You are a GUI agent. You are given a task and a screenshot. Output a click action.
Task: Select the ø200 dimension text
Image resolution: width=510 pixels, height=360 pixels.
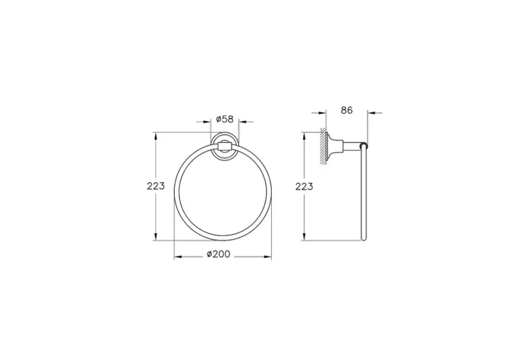[220, 254]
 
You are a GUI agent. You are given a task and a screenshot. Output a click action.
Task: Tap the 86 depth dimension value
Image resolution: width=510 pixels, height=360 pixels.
[346, 110]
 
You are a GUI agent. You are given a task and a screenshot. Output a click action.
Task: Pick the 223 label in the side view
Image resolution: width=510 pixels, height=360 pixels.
[305, 186]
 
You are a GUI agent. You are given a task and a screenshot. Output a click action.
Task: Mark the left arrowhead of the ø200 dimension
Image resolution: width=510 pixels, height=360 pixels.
[177, 257]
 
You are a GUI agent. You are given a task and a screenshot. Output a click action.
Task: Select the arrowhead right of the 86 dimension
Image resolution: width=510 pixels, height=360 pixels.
[369, 113]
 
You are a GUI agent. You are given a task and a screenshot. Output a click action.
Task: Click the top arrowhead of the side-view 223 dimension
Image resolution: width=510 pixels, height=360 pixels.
[305, 135]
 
